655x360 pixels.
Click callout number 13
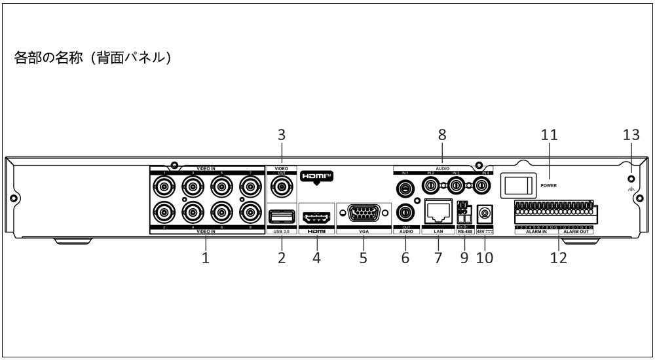pos(631,135)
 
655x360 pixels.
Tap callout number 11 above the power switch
pos(548,135)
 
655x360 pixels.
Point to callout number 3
pos(282,135)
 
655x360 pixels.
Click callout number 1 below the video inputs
pos(206,258)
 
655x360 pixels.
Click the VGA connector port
pos(363,215)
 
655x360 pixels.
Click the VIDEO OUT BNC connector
pos(282,187)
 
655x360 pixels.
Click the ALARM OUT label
pos(577,231)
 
